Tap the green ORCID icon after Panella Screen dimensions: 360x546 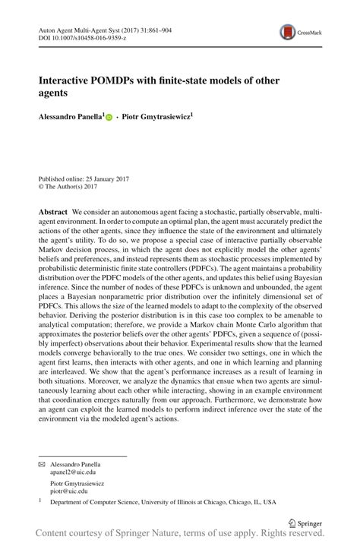(x=109, y=118)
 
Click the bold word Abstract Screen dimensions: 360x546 (x=53, y=210)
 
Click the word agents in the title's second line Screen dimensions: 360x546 (x=53, y=93)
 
